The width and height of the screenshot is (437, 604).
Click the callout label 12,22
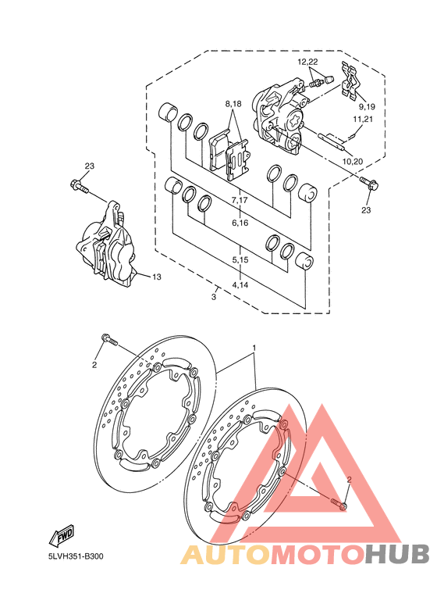pos(307,62)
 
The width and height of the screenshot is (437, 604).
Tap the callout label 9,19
pos(367,106)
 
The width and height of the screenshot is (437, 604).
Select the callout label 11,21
pos(363,119)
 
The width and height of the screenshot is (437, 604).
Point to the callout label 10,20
pos(353,162)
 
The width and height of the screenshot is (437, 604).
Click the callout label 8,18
pos(233,104)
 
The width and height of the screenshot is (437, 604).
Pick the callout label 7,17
pos(240,200)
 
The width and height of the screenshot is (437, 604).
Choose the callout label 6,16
pos(240,223)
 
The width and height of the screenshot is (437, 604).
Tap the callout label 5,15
pos(240,260)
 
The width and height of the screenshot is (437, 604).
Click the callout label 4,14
pos(240,285)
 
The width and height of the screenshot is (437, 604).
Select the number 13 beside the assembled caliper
pos(157,277)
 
